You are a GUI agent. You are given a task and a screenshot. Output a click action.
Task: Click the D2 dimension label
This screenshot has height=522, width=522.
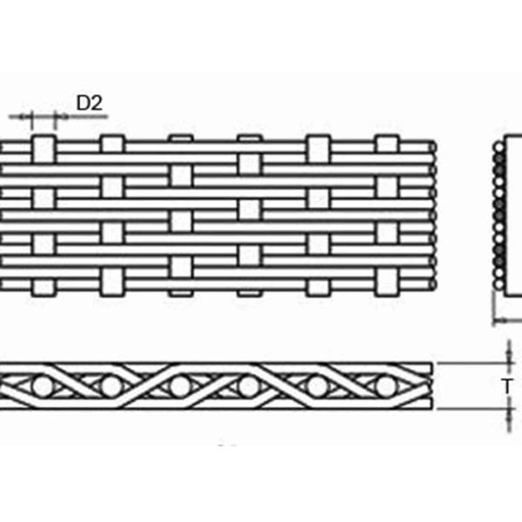tap(90, 103)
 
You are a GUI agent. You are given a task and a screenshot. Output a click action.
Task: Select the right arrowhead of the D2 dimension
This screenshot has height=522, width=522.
tap(55, 116)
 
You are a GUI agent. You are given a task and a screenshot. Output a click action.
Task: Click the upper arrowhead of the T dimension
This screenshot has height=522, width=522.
tap(508, 360)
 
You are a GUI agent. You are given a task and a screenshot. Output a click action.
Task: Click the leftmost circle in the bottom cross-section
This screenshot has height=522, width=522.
tap(41, 385)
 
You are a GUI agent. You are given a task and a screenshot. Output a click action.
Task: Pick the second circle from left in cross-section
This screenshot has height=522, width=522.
tap(110, 385)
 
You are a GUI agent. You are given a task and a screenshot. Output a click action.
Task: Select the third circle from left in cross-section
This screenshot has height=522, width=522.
tap(179, 385)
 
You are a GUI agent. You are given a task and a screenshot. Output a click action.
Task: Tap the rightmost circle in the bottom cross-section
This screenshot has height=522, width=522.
tap(385, 385)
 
